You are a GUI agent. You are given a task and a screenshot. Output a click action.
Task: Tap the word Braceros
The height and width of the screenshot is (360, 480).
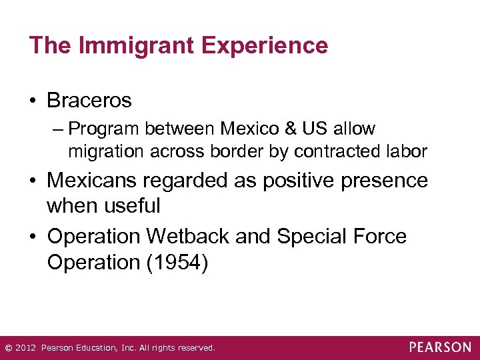click(89, 101)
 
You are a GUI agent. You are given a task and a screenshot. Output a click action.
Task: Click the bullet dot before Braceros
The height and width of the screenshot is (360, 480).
click(34, 101)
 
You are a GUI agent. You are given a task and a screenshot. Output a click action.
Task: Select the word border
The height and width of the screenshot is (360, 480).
click(236, 151)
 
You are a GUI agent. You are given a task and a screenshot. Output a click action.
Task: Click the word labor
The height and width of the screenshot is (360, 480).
click(405, 151)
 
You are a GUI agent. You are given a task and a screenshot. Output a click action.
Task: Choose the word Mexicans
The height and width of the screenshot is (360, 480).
click(97, 180)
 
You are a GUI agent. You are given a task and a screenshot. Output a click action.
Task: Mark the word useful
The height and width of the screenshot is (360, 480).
click(131, 205)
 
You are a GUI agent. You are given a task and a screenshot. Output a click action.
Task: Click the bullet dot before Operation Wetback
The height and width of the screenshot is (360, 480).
click(34, 237)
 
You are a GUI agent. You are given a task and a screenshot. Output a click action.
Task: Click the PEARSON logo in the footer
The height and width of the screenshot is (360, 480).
click(439, 347)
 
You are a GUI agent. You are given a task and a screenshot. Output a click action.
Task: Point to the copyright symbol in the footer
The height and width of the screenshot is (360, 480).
click(8, 348)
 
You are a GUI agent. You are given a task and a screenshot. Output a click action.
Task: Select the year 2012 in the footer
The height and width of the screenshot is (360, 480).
click(25, 348)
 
